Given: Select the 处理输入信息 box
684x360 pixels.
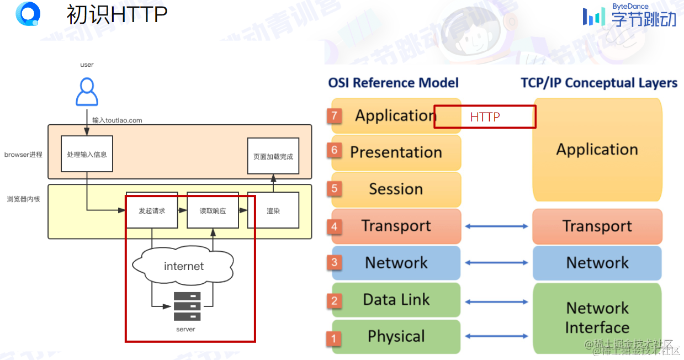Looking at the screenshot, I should [87, 153].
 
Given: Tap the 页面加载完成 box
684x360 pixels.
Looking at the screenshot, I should [273, 156].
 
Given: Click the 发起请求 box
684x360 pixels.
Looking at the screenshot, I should [152, 210].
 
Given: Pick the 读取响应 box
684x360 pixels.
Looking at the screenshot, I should [213, 210].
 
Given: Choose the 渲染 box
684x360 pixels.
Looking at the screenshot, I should [273, 210].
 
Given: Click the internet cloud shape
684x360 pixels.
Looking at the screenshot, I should [184, 266].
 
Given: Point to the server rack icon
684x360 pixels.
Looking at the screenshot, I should [187, 306].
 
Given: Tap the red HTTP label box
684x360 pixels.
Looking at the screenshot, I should [485, 117].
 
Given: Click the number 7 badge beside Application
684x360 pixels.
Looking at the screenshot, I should [335, 116].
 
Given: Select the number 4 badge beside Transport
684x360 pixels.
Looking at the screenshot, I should [335, 226].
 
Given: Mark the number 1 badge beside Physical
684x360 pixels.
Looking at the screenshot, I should [333, 337].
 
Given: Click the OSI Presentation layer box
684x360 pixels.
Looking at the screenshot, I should [396, 152].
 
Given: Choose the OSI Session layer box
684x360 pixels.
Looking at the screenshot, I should [396, 189].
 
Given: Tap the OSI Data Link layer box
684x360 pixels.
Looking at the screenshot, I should [396, 300].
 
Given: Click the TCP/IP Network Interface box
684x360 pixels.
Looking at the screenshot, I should [597, 317].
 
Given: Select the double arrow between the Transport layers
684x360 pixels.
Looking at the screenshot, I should [496, 226].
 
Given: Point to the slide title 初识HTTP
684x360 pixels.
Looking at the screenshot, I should [116, 14].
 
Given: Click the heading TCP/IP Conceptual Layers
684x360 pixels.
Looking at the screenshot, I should [599, 83].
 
